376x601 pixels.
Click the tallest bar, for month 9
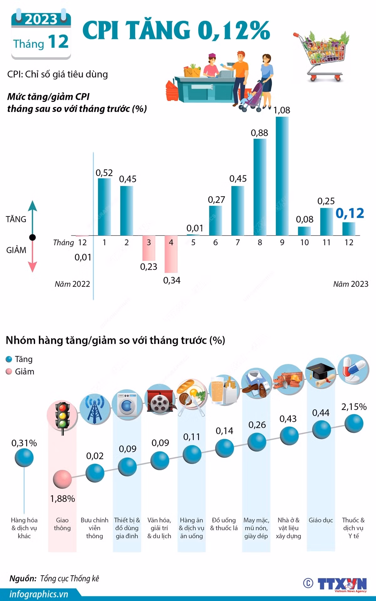pos(282,176)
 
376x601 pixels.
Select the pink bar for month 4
pos(171,254)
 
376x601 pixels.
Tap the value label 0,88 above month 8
pos(259,133)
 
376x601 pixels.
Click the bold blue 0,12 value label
pos(350,213)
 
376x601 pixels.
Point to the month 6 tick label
pos(215,242)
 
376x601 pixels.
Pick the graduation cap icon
pos(321,374)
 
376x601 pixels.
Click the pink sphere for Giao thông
pos(62,479)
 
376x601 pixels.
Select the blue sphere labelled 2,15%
pos(354,423)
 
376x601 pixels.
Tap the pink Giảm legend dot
pos(9,372)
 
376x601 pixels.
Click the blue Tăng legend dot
pos(9,359)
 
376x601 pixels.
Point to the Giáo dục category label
pos(321,520)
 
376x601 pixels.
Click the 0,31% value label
pos(24,443)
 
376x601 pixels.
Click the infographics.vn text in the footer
pos(39,594)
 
